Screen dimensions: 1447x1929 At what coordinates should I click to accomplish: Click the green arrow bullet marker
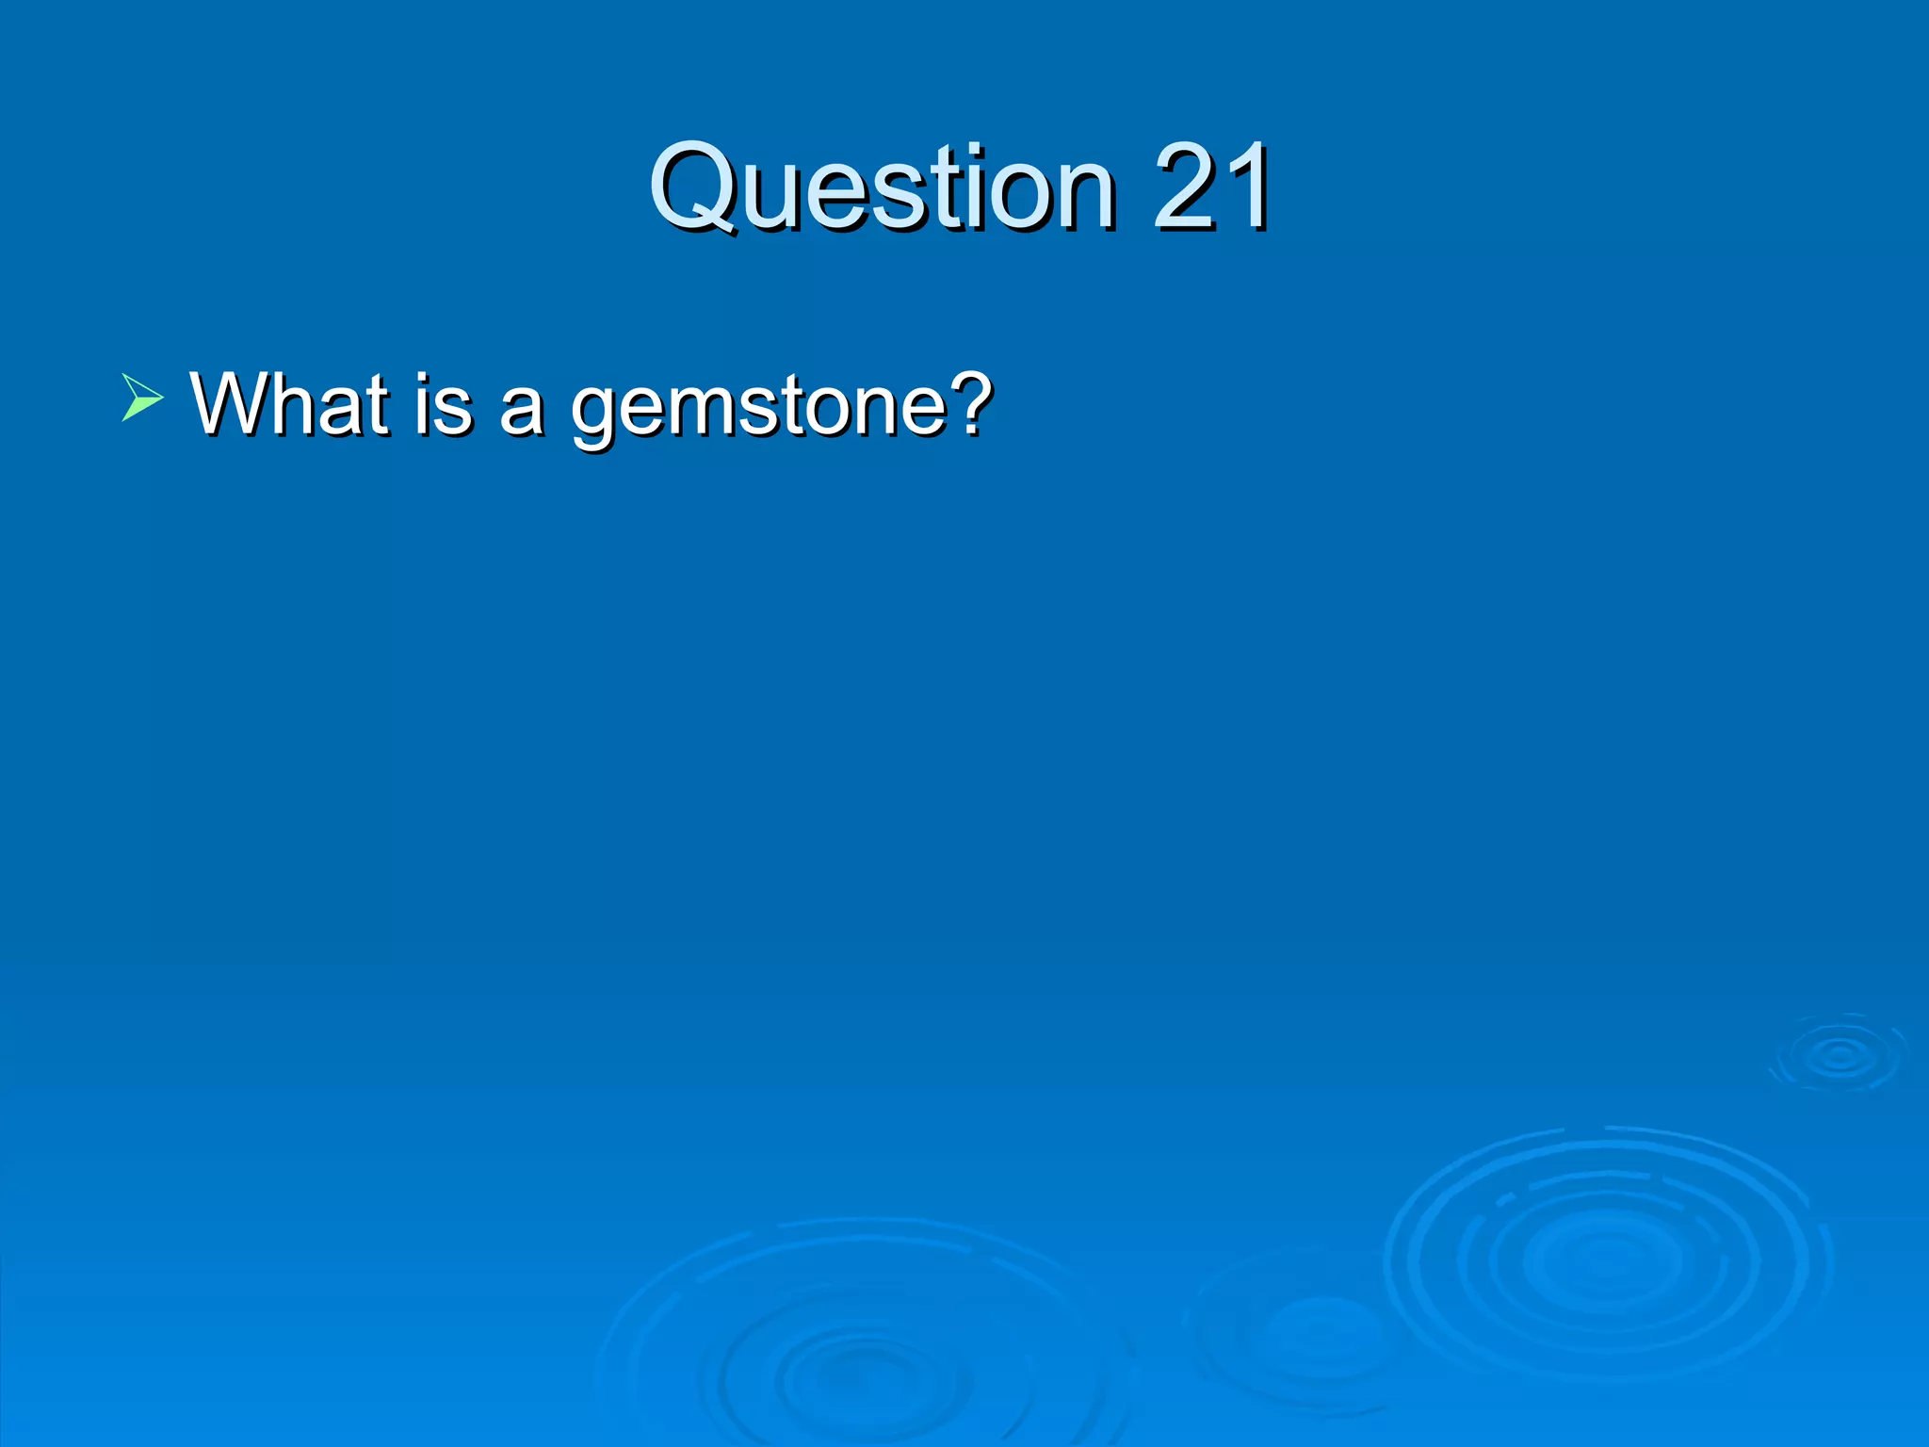(142, 397)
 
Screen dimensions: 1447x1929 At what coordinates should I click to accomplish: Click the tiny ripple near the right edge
(1839, 1055)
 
